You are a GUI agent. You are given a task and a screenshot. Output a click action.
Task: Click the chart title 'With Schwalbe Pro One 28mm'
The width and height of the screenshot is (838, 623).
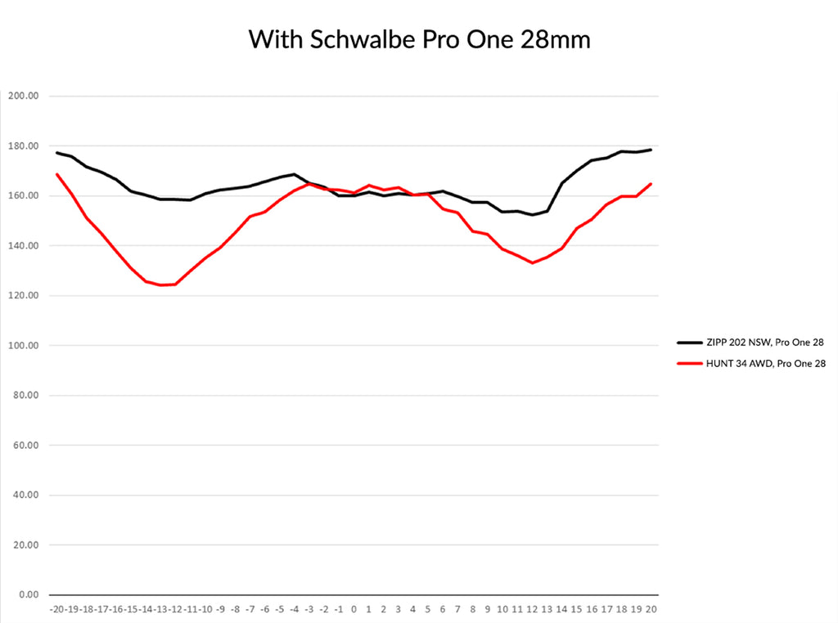[x=419, y=38]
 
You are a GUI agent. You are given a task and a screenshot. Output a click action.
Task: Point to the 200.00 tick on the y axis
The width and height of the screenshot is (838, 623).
[x=24, y=96]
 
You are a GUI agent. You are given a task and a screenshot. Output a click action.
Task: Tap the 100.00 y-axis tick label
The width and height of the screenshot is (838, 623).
[x=24, y=345]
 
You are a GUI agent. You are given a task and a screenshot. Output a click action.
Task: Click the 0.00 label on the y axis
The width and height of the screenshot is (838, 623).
[x=27, y=594]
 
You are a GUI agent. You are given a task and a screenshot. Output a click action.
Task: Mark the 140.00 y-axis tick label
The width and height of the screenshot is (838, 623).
[x=24, y=245]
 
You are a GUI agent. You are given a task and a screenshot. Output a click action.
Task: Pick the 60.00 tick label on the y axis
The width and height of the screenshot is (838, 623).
[x=25, y=445]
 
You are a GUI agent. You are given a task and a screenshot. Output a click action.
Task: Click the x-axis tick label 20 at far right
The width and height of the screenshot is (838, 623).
[x=652, y=609]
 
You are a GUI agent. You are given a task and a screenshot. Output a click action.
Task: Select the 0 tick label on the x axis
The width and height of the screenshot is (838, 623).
[x=354, y=609]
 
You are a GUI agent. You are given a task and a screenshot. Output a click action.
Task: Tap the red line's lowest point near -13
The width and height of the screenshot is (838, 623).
[x=161, y=285]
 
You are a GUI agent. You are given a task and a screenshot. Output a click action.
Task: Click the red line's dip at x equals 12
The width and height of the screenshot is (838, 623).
[x=533, y=262]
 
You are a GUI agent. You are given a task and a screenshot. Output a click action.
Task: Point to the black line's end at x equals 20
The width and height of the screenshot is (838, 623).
[x=651, y=150]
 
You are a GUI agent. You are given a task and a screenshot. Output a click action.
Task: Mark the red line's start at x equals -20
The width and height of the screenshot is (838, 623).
[x=57, y=174]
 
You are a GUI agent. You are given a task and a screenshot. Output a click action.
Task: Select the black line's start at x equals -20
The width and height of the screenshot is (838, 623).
[x=57, y=153]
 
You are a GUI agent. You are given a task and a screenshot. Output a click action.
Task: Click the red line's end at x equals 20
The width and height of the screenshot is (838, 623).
[x=651, y=184]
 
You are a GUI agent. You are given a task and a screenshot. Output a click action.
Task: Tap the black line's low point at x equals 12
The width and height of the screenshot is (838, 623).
[x=533, y=215]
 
